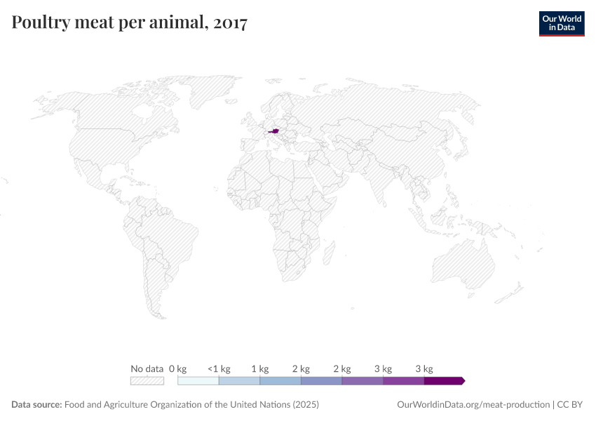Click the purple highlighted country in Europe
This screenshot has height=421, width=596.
coord(274,130)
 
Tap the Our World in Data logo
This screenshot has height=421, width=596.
coord(561,23)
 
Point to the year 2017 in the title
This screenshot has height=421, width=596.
coord(229,23)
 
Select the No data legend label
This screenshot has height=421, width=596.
coord(147,368)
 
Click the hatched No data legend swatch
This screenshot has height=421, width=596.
coord(147,381)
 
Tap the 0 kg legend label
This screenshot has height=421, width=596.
coord(177,368)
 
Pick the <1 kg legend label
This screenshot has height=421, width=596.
coord(219,368)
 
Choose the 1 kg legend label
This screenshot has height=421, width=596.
coord(259,368)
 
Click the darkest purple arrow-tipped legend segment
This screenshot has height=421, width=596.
coord(444,381)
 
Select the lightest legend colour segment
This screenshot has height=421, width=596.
coord(198,381)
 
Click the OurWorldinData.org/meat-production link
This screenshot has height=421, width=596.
coord(473,405)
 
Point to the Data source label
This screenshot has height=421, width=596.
coord(36,405)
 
